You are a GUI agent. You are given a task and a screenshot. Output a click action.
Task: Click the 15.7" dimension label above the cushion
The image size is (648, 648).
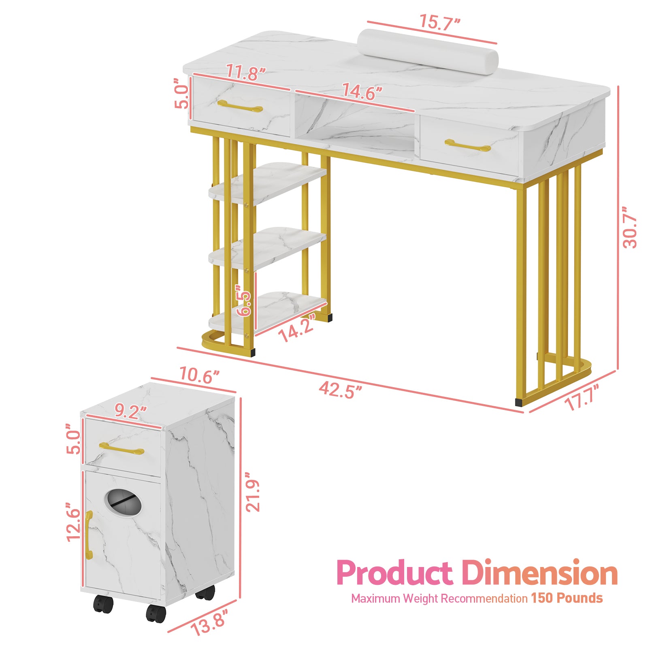pyautogui.click(x=439, y=22)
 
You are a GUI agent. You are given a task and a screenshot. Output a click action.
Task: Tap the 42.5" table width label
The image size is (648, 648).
pyautogui.click(x=340, y=390)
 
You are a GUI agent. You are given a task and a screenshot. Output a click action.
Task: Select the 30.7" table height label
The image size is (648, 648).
pyautogui.click(x=629, y=227)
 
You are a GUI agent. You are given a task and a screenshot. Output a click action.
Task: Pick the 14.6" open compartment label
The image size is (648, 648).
pyautogui.click(x=362, y=91)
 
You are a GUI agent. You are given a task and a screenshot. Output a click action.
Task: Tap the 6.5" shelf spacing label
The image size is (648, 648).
pyautogui.click(x=245, y=301)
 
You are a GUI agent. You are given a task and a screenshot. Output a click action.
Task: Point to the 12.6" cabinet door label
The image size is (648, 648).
pyautogui.click(x=74, y=522)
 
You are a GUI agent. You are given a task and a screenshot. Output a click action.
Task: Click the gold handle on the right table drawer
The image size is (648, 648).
pyautogui.click(x=467, y=145)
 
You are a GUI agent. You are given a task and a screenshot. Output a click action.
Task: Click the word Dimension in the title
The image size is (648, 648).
pyautogui.click(x=539, y=573)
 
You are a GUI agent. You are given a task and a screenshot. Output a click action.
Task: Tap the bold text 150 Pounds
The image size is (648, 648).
pyautogui.click(x=567, y=598)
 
